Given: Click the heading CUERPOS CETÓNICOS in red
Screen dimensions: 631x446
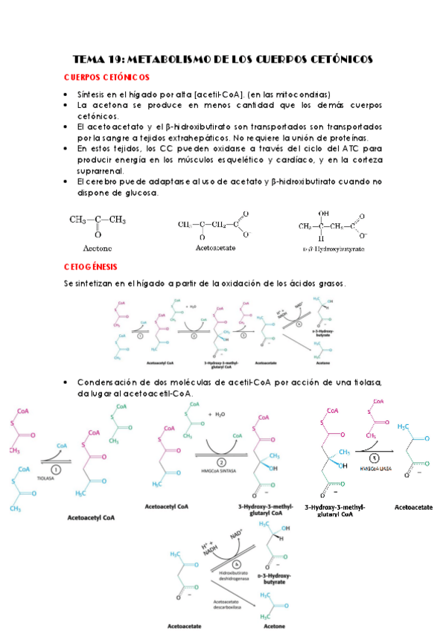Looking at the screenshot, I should (x=107, y=77).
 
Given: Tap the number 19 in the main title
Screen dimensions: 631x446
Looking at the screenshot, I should (x=112, y=59).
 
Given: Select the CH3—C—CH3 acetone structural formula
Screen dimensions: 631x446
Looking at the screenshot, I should (x=98, y=220).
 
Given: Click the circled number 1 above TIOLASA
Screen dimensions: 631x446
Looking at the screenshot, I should (x=57, y=470).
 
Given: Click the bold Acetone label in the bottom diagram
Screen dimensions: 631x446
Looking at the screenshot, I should (x=274, y=626).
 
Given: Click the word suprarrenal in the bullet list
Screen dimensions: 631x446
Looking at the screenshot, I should (x=102, y=171).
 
